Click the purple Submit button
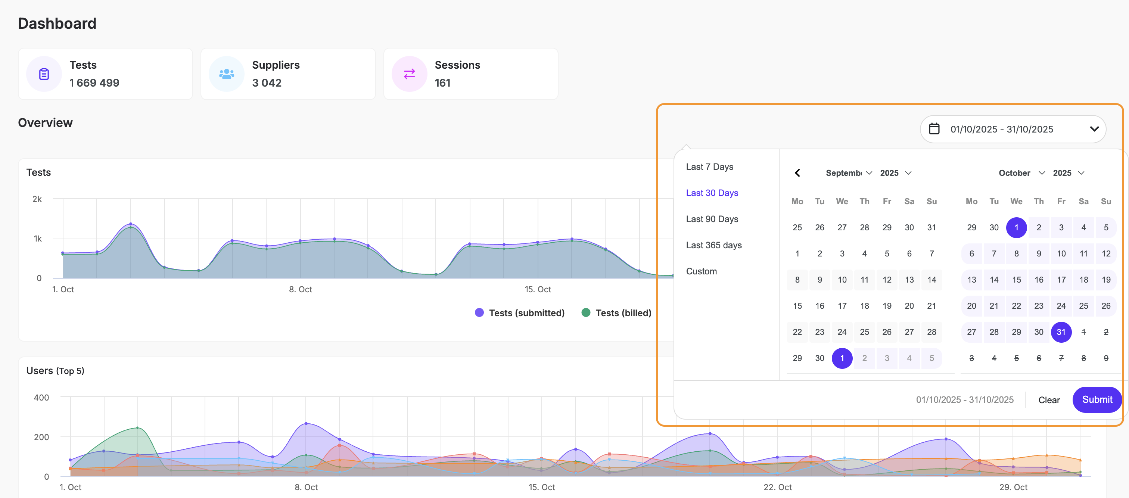click(1097, 399)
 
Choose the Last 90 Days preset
click(712, 219)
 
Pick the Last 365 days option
click(713, 245)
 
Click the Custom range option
click(701, 271)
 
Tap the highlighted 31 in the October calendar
click(1061, 332)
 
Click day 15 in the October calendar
click(1016, 280)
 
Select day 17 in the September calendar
click(842, 305)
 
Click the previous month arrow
click(797, 173)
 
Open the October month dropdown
click(1021, 173)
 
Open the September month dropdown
click(849, 173)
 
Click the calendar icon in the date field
click(934, 129)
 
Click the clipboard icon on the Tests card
click(44, 74)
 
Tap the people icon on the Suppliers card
click(226, 74)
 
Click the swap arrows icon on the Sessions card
click(409, 74)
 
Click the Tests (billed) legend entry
click(616, 313)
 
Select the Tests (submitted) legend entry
click(520, 313)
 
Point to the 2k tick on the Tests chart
click(37, 199)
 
